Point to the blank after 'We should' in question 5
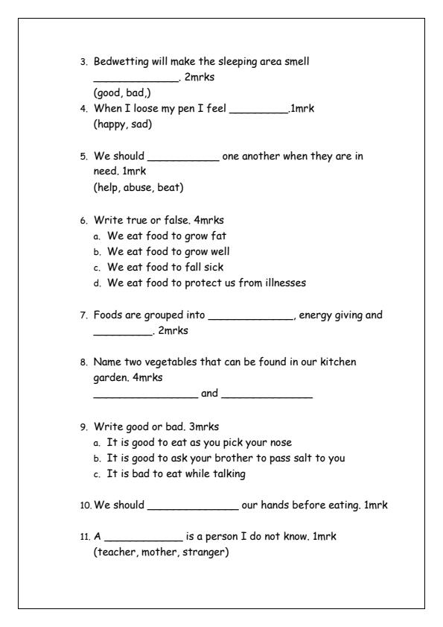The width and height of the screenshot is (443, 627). (x=183, y=159)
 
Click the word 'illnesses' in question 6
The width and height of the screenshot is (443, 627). (x=282, y=283)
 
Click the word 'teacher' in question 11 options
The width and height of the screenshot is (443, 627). (x=112, y=552)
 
